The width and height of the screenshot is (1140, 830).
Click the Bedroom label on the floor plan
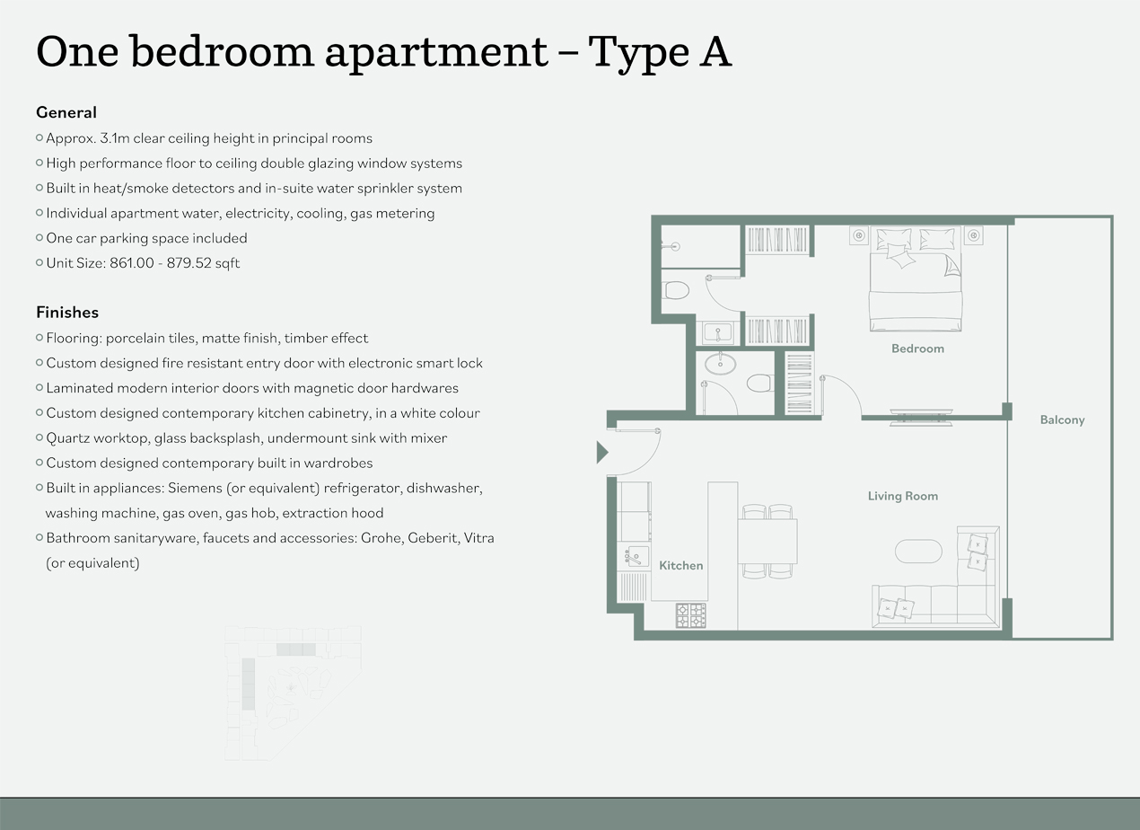(917, 349)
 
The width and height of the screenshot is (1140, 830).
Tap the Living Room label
(902, 496)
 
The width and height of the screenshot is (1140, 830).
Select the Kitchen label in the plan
(681, 565)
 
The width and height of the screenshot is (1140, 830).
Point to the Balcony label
(1062, 419)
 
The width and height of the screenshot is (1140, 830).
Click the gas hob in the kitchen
(690, 615)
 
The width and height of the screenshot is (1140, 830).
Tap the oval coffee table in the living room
(918, 551)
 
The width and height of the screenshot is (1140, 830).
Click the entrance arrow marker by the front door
(602, 452)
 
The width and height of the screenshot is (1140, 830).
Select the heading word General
(66, 112)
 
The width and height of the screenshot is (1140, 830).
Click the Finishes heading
(67, 313)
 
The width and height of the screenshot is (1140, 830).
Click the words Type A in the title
(660, 52)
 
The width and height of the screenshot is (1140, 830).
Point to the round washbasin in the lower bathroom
(720, 364)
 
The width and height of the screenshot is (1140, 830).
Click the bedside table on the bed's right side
(973, 235)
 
